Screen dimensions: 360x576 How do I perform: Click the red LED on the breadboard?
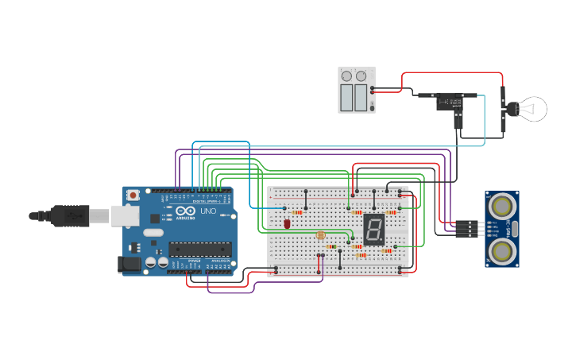(x=287, y=224)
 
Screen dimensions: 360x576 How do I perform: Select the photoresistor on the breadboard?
(x=321, y=235)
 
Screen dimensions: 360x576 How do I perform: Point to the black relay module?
(x=450, y=102)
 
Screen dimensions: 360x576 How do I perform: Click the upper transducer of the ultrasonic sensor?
(x=502, y=206)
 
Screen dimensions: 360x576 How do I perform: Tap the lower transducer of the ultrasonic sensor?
(x=502, y=251)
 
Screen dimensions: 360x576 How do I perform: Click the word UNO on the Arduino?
(x=207, y=212)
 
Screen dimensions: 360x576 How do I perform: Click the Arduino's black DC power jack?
(x=129, y=264)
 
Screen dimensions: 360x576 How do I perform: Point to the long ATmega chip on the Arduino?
(x=200, y=249)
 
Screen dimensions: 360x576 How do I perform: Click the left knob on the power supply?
(x=346, y=76)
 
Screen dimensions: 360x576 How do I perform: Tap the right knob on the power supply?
(x=361, y=76)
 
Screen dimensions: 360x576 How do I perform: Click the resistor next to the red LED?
(x=298, y=212)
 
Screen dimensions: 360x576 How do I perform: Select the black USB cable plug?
(x=70, y=215)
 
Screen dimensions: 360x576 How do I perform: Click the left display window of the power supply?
(x=346, y=98)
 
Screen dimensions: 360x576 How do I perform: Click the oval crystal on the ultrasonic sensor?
(x=515, y=229)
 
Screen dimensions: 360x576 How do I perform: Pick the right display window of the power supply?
(x=361, y=98)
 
